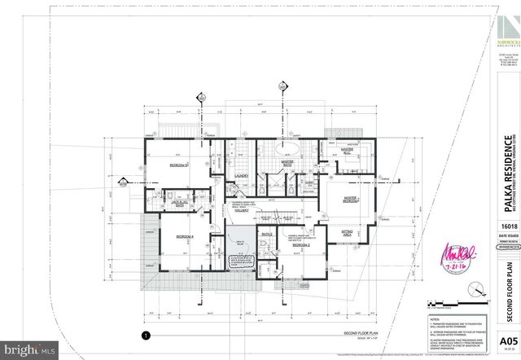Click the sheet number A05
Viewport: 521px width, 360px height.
point(508,341)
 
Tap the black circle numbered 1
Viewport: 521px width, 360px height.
point(145,335)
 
